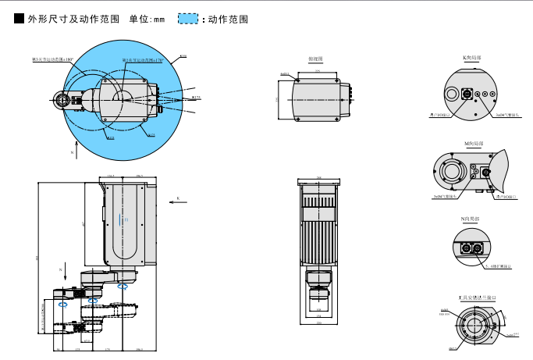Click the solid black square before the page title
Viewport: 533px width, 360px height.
pyautogui.click(x=19, y=18)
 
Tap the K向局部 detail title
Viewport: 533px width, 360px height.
pyautogui.click(x=472, y=58)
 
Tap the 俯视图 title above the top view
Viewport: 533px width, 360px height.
pyautogui.click(x=316, y=59)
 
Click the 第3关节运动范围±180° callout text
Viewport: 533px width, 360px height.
pyautogui.click(x=52, y=59)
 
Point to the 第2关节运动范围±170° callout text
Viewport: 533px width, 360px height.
pyautogui.click(x=141, y=60)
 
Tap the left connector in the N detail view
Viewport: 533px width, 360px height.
pyautogui.click(x=466, y=248)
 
